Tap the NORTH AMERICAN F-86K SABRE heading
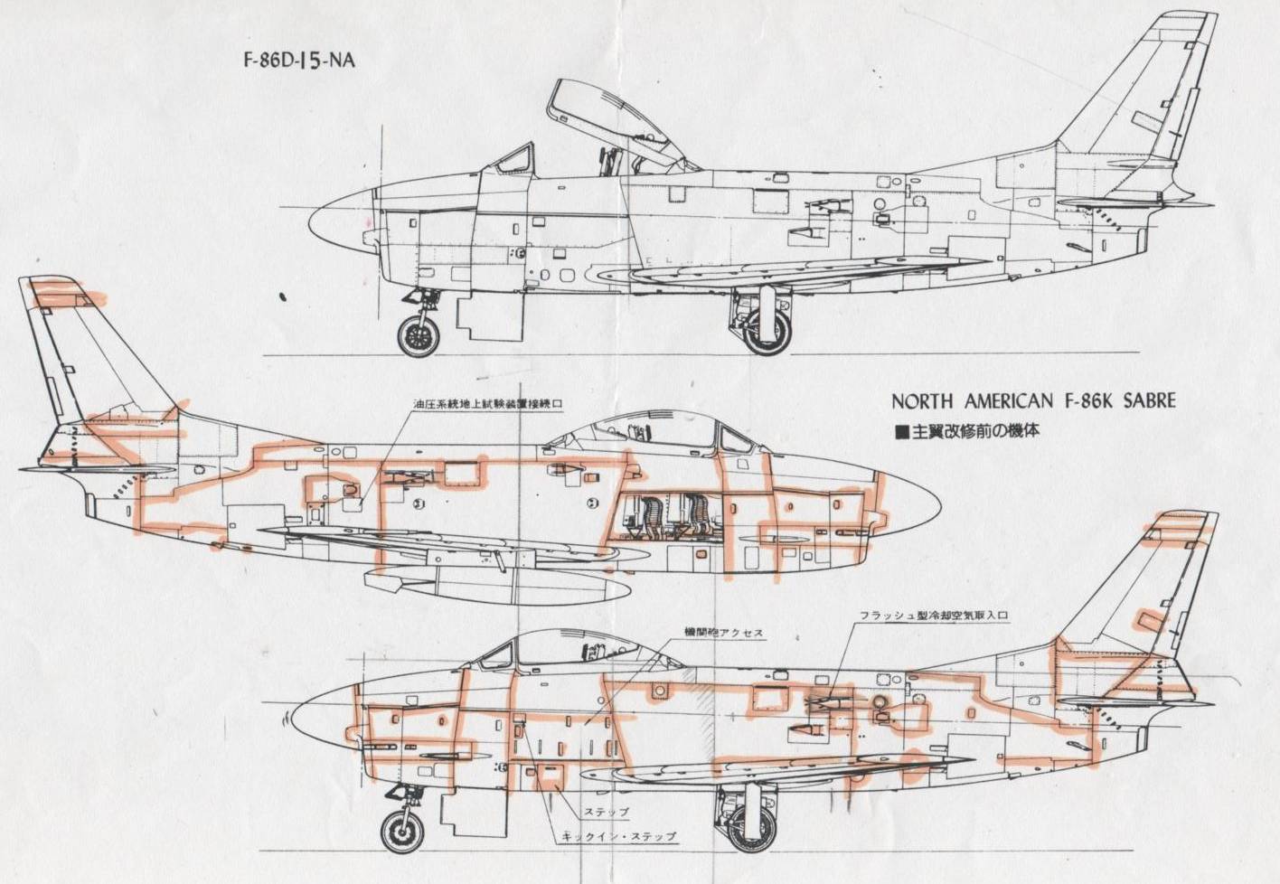click(1033, 400)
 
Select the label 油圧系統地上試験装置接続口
click(487, 404)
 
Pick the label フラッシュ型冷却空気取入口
click(932, 616)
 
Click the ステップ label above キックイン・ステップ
click(606, 812)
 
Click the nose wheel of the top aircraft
click(418, 335)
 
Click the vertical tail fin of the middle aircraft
click(81, 353)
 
